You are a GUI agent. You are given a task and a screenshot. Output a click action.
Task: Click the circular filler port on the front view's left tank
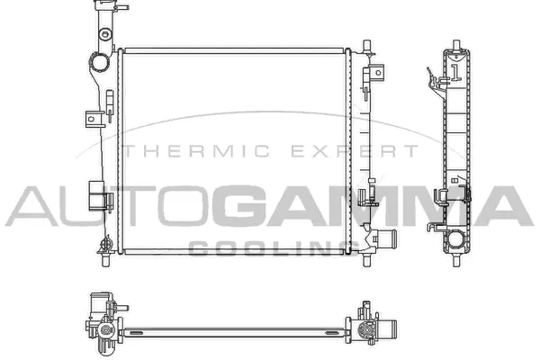click(x=96, y=65)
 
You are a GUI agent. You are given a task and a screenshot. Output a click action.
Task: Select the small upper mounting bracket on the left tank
click(x=91, y=118)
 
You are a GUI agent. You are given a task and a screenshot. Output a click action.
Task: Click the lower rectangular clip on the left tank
click(x=94, y=194)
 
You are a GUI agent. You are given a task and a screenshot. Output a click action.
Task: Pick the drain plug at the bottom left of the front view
click(x=104, y=256)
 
